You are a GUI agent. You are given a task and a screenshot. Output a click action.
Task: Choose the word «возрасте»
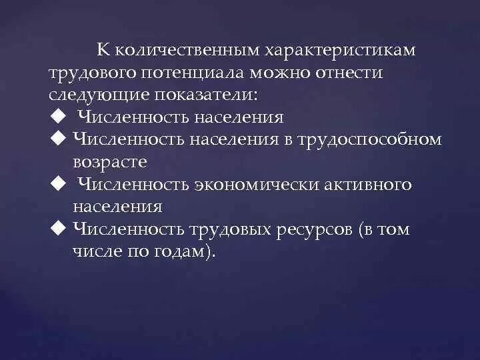(110, 162)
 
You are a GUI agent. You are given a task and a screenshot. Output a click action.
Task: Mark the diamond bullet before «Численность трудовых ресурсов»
(57, 229)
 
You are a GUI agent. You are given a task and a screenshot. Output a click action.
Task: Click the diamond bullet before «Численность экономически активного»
(57, 183)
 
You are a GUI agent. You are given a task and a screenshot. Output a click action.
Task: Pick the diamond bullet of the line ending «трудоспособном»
(57, 139)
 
